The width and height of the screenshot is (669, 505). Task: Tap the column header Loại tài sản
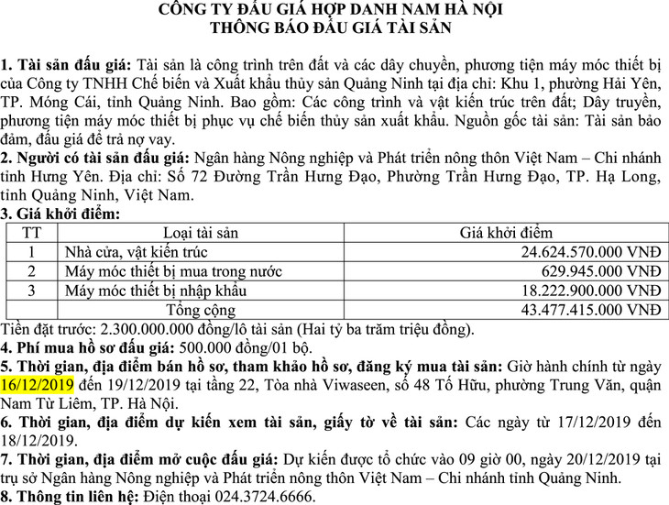tap(205, 233)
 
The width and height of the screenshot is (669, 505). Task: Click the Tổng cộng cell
tap(204, 311)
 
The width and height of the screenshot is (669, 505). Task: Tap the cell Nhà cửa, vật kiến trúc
tap(137, 251)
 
